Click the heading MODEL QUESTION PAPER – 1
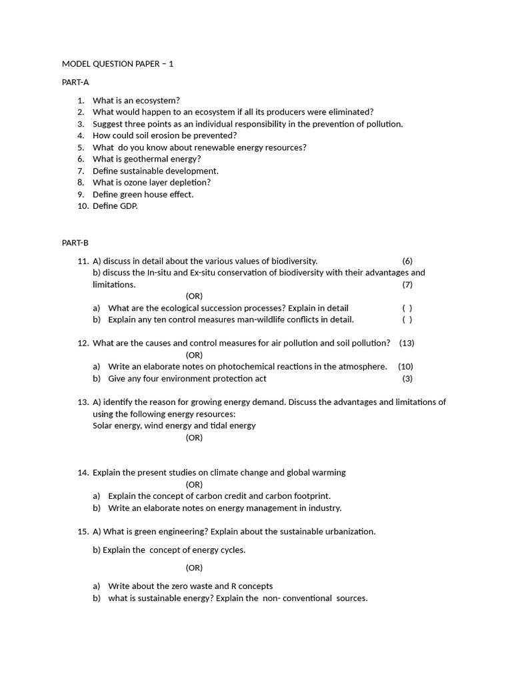(x=117, y=64)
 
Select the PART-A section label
(x=75, y=82)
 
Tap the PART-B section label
(x=75, y=243)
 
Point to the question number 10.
(x=83, y=206)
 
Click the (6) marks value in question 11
(x=407, y=261)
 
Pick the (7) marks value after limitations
(x=407, y=284)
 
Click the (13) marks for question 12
(x=407, y=343)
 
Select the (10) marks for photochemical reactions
(x=405, y=366)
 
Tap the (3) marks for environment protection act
(x=407, y=378)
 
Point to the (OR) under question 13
(x=194, y=438)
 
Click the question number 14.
(x=83, y=472)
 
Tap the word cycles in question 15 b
(x=232, y=550)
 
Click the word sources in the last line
(x=351, y=598)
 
